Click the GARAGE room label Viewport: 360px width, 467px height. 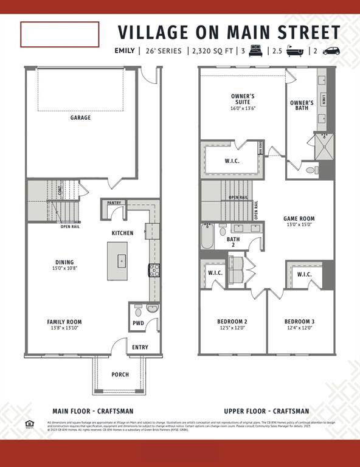[x=80, y=117]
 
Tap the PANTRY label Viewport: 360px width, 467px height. [x=114, y=203]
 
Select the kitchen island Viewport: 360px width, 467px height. [x=117, y=261]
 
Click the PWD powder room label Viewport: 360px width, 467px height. [x=138, y=323]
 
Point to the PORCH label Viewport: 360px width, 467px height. [x=120, y=375]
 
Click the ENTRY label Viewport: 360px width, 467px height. [x=140, y=347]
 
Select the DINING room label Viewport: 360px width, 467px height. [x=64, y=263]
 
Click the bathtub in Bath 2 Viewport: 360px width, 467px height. [x=207, y=237]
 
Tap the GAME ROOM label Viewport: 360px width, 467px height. [x=299, y=218]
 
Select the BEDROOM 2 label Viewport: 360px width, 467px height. [x=232, y=322]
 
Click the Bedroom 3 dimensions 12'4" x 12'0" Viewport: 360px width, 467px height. [x=299, y=328]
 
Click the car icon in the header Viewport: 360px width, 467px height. [x=331, y=51]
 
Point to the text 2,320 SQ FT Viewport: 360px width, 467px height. [x=213, y=51]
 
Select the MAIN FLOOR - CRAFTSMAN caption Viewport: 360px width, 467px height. [x=94, y=411]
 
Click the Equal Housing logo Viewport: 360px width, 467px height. [x=29, y=424]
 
